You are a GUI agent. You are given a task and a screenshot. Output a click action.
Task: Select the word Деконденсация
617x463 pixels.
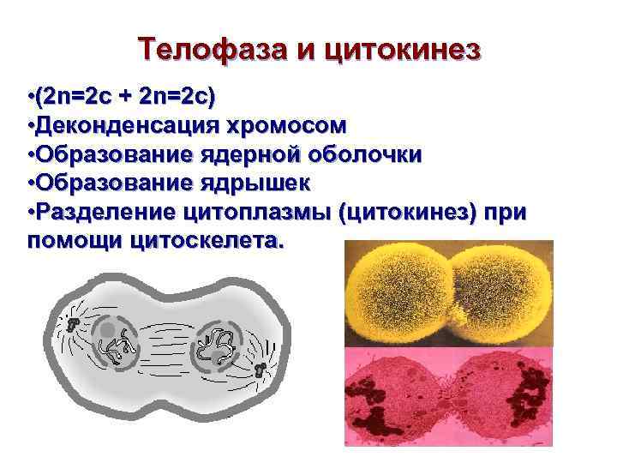tap(123, 126)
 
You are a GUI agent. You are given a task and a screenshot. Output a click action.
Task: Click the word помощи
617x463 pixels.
tap(75, 241)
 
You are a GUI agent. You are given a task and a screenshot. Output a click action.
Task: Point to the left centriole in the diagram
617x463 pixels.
tap(74, 323)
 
